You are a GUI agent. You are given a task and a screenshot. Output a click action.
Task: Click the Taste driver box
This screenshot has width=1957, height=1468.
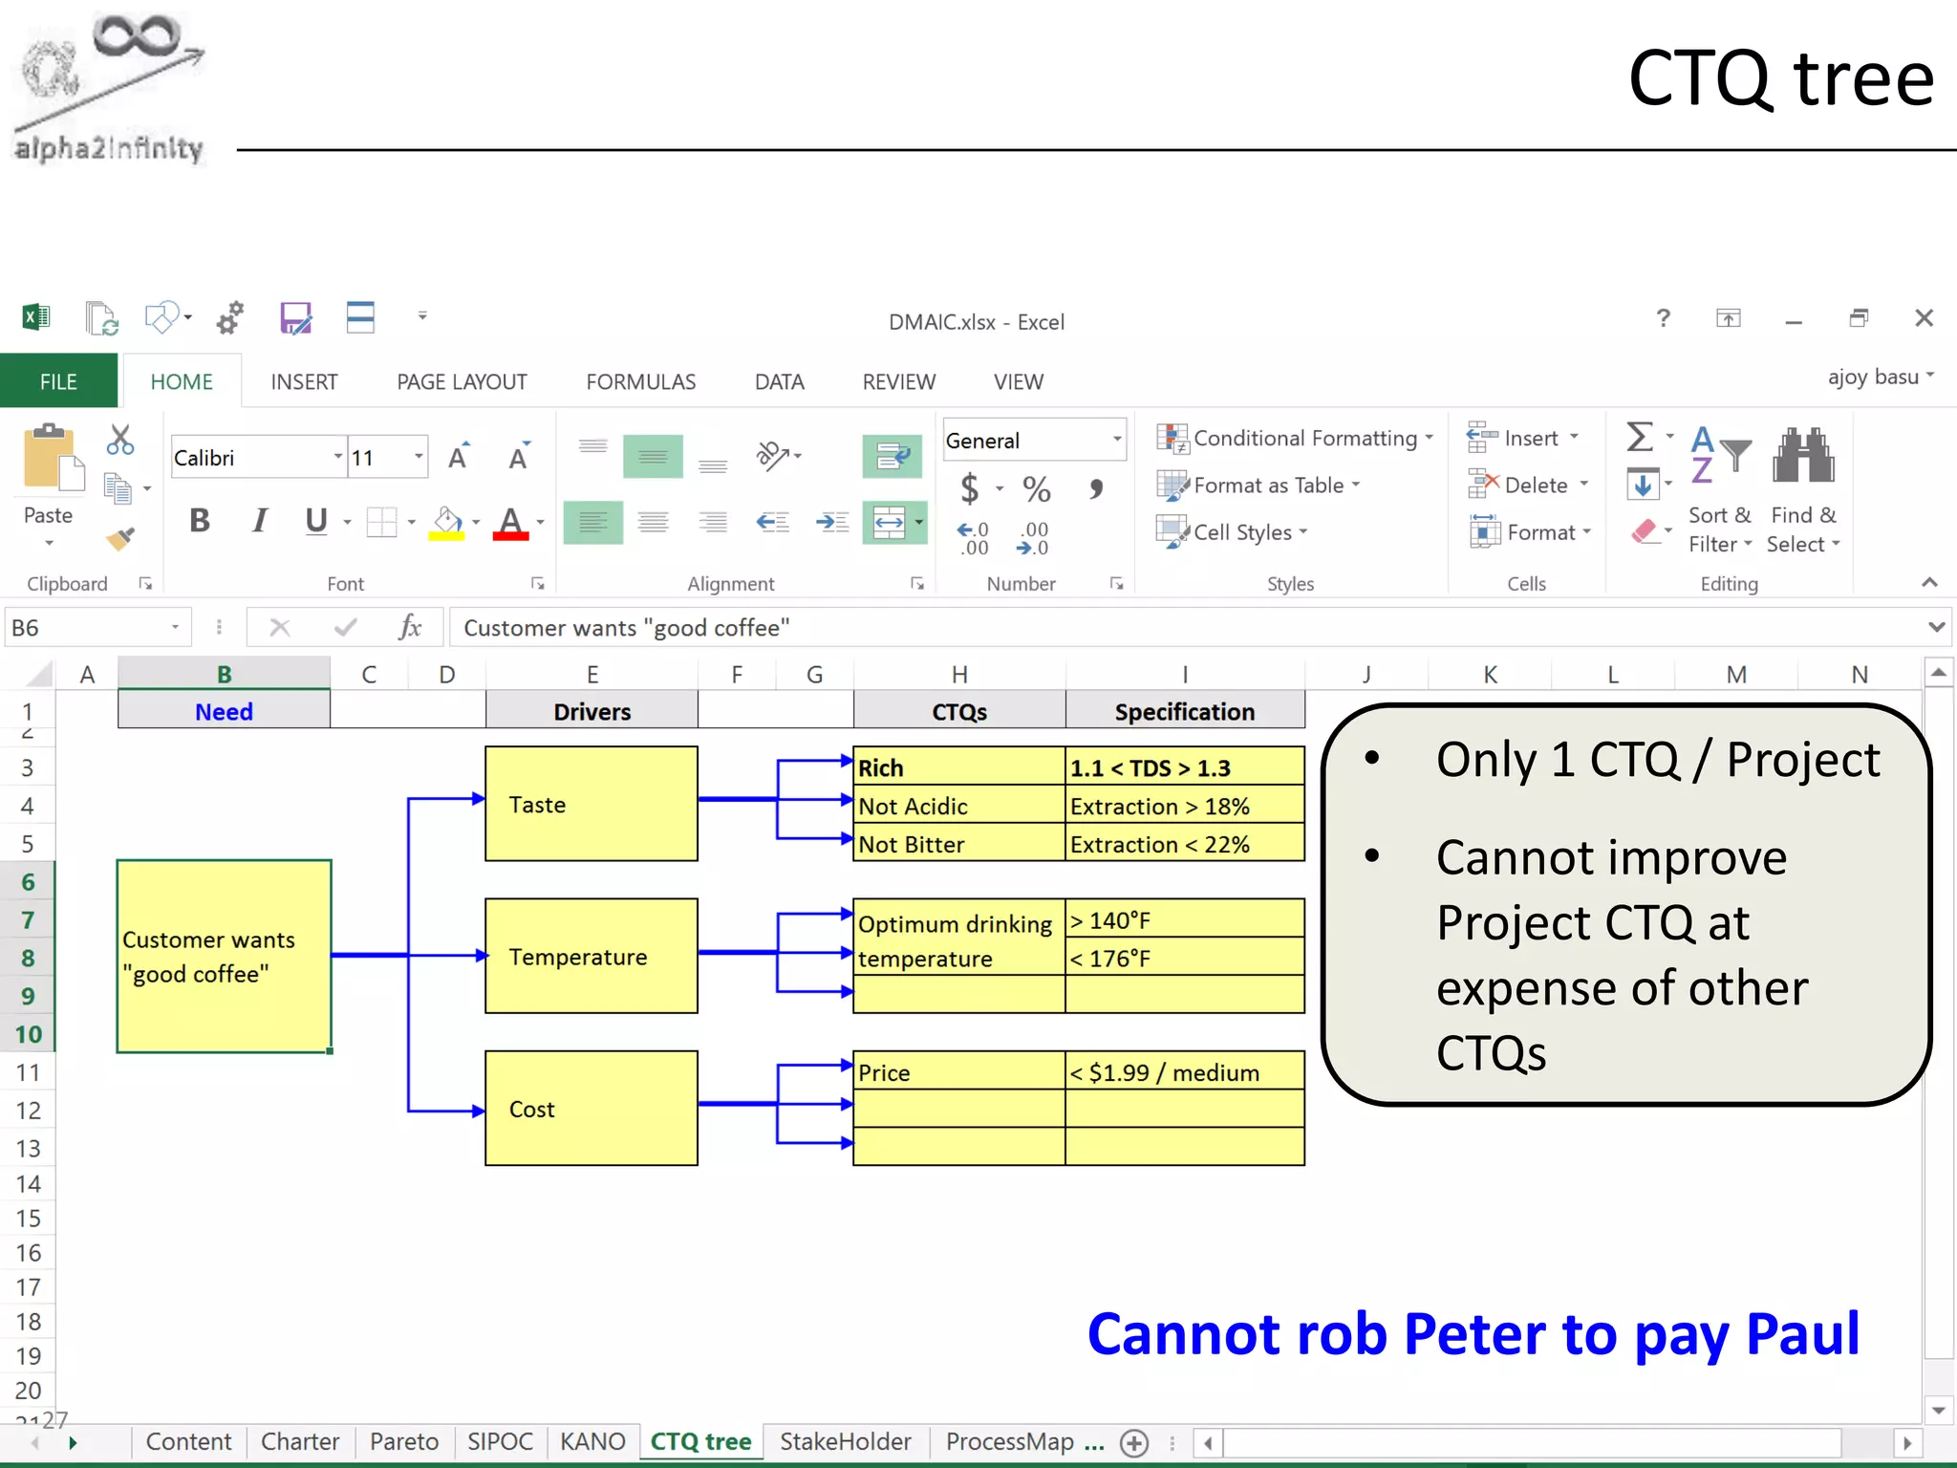(x=591, y=804)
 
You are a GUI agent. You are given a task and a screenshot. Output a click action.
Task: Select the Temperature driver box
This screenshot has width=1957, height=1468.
(x=591, y=956)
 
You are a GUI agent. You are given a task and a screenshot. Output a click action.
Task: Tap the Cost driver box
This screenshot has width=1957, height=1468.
(x=591, y=1109)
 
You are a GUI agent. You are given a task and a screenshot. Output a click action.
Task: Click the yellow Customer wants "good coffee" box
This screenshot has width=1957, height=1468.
(x=224, y=956)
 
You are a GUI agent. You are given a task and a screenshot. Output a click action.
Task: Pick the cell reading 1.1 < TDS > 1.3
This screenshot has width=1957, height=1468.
(x=1184, y=767)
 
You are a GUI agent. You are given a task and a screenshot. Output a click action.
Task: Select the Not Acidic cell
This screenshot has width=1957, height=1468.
(x=957, y=806)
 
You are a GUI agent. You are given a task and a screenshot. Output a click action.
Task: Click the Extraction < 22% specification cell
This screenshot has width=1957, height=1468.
(x=1184, y=844)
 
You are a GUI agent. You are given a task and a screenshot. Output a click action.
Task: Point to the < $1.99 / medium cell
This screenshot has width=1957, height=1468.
(x=1184, y=1072)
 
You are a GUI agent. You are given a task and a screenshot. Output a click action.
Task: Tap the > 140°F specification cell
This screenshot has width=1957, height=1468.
(x=1184, y=919)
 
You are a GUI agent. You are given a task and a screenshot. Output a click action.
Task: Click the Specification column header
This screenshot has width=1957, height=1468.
(x=1184, y=711)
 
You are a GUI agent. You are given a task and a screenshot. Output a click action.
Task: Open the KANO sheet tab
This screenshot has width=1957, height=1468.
(x=592, y=1441)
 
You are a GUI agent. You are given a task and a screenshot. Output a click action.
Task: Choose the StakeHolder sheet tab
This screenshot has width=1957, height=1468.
(x=845, y=1441)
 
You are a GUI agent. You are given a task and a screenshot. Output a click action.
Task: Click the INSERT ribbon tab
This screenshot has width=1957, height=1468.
(x=304, y=381)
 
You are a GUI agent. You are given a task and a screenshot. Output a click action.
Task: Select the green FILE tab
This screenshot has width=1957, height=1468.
(x=58, y=381)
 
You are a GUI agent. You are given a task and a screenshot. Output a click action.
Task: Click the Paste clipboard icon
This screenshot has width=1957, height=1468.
(x=49, y=459)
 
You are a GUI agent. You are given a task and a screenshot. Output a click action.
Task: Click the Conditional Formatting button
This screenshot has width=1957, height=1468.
(x=1295, y=438)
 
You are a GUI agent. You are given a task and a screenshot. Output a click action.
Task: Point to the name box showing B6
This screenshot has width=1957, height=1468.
(x=91, y=628)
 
